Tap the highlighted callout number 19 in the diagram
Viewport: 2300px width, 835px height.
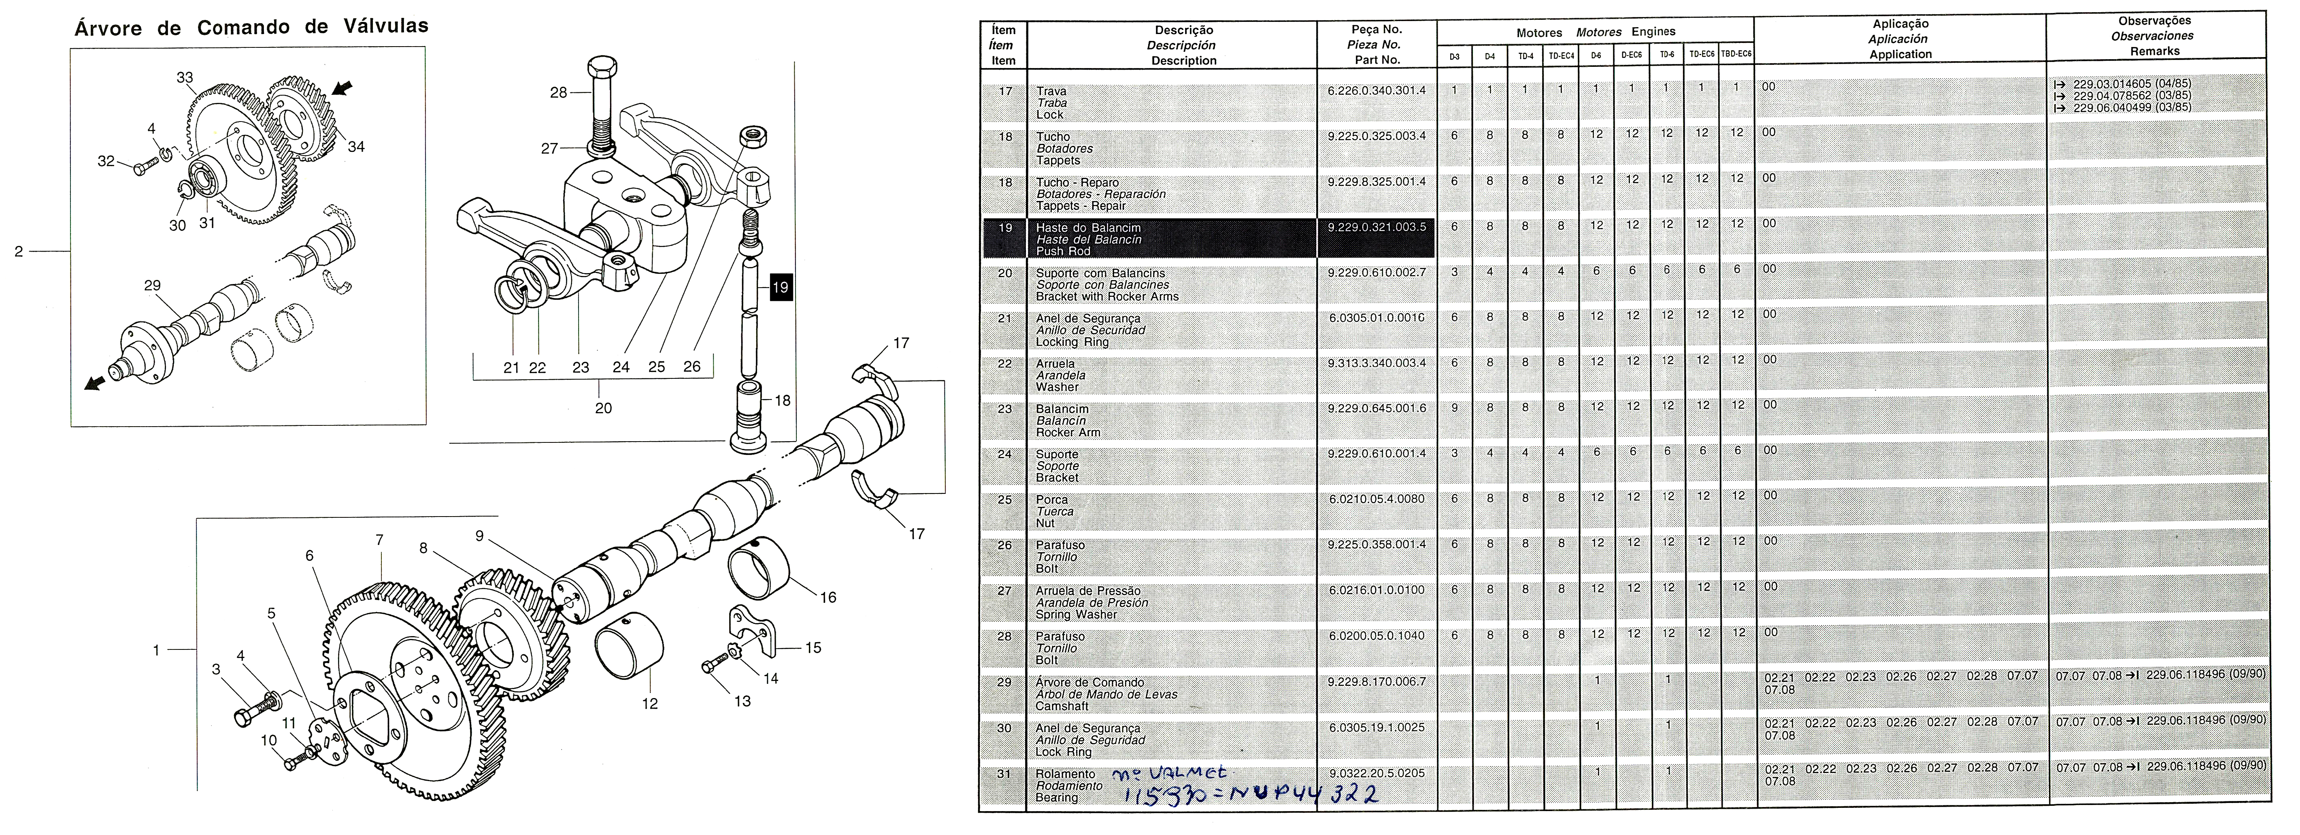click(779, 288)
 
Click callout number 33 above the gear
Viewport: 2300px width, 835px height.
click(185, 78)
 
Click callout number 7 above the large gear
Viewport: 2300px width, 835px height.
click(379, 540)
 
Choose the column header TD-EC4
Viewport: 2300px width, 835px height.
click(1561, 56)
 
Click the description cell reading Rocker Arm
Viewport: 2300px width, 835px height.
click(1068, 432)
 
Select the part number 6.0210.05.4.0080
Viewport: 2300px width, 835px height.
click(1376, 499)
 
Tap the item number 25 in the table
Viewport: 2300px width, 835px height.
click(1004, 499)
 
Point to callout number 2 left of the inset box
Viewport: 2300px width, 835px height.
click(19, 252)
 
